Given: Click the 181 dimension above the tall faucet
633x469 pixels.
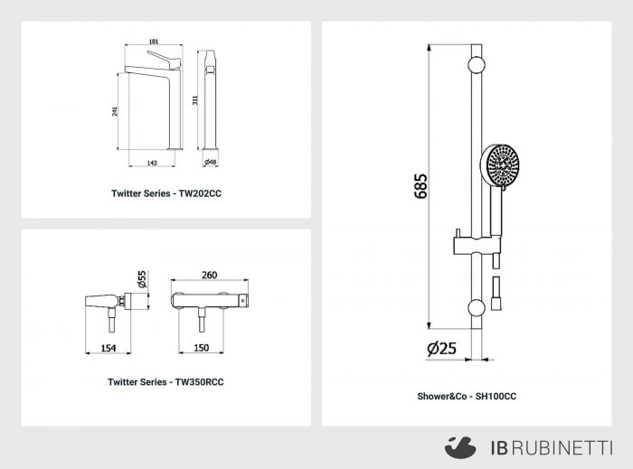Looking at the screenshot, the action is pos(154,42).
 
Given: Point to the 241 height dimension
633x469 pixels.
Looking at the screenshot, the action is pos(115,111).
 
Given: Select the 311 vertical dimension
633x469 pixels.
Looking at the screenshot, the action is pos(195,100).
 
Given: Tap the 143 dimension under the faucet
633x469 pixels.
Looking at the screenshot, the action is pos(152,163).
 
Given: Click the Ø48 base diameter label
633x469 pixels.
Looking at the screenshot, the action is pos(211,162).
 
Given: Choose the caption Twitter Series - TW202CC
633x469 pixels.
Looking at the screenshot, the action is pos(166,193).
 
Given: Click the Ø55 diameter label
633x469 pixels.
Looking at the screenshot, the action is pos(142,279).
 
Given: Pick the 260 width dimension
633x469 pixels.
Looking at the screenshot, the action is pos(210,275).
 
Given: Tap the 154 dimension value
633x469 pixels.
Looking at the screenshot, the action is pos(109,348).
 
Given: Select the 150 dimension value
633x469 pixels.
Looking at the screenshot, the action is pos(202,348).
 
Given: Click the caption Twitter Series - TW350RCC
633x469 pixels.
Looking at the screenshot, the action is pos(165,382).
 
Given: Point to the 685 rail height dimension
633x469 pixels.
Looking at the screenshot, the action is pos(420,186).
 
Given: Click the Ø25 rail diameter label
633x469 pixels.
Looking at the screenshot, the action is pos(441,349).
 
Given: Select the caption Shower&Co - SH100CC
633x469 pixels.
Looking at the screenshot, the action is pos(467,397).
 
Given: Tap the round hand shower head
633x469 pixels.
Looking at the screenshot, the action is pos(501,165).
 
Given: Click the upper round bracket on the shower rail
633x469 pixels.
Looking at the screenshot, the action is pos(477,64).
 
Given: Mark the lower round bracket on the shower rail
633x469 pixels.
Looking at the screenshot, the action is pos(477,307).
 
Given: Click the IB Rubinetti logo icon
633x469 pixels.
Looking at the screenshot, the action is pos(460,447).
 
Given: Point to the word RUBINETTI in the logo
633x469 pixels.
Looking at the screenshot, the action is pos(564,448).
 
